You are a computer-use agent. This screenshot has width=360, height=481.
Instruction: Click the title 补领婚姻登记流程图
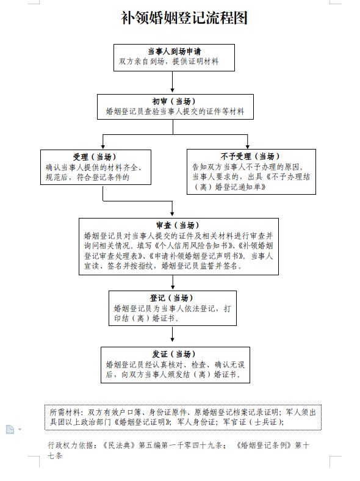(x=184, y=18)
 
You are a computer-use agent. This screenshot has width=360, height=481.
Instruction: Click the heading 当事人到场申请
(x=174, y=51)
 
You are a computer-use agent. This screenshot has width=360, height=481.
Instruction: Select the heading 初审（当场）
(x=174, y=101)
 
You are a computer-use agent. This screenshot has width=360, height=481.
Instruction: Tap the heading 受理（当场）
(x=95, y=157)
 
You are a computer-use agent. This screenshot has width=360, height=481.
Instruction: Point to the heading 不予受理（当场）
(x=250, y=156)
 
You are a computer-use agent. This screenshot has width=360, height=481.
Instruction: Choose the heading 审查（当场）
(x=178, y=225)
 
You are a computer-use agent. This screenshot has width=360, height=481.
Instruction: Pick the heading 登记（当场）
(x=171, y=298)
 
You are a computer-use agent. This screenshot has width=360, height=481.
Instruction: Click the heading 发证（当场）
(x=174, y=354)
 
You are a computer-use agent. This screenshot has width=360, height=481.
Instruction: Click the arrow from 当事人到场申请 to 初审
(x=172, y=82)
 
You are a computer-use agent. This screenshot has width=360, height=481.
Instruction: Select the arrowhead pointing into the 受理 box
(x=103, y=146)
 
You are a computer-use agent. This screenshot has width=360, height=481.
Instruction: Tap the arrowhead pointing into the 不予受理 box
(x=248, y=146)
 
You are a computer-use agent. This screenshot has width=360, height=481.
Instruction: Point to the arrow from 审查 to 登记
(x=173, y=282)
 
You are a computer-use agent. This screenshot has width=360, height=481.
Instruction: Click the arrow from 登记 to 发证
(x=172, y=334)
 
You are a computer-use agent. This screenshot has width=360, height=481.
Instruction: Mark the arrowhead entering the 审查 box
(x=172, y=213)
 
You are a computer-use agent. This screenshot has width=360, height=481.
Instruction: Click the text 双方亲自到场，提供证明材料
(x=169, y=62)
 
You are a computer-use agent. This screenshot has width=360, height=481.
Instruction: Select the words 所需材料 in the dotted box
(x=65, y=413)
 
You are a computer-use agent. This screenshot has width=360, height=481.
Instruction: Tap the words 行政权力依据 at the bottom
(x=70, y=446)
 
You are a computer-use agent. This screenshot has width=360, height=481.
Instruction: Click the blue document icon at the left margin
(x=10, y=430)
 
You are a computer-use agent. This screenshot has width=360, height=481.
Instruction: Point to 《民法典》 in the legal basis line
(x=118, y=446)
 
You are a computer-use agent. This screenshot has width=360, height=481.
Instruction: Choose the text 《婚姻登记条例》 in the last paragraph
(x=264, y=445)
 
